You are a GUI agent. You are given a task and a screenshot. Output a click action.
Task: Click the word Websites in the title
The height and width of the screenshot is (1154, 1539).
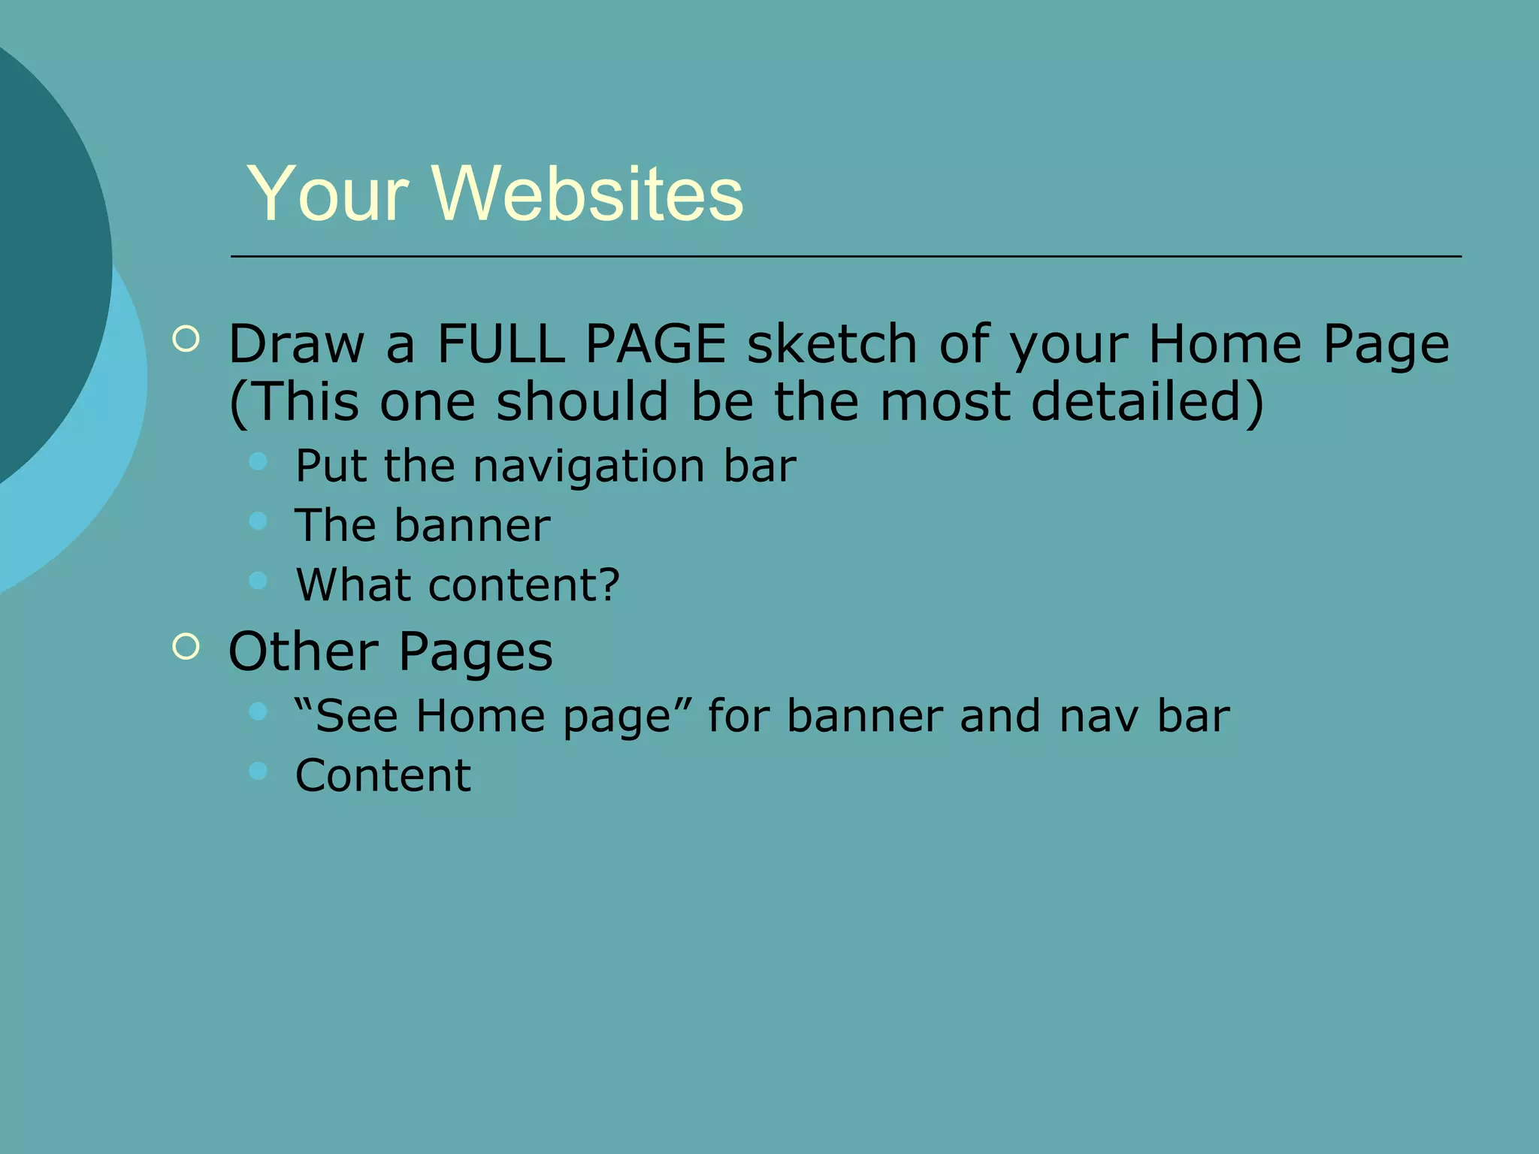click(588, 194)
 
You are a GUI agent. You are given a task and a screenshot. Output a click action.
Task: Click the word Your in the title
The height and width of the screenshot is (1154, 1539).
click(328, 194)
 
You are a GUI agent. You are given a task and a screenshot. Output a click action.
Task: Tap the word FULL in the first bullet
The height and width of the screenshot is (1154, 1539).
click(500, 344)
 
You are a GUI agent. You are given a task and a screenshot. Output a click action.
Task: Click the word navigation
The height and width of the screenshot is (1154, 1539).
click(589, 467)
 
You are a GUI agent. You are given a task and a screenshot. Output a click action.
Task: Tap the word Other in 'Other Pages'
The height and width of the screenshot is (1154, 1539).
click(304, 651)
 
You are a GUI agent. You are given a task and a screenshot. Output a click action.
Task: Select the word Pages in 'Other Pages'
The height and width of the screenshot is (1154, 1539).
click(476, 653)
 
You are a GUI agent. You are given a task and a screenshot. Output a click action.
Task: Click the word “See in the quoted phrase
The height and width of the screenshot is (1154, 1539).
click(346, 716)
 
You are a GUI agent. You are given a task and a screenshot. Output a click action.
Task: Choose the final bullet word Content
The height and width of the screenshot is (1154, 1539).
click(383, 775)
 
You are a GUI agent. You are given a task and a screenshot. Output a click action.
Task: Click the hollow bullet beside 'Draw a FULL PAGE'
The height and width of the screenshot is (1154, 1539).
click(186, 339)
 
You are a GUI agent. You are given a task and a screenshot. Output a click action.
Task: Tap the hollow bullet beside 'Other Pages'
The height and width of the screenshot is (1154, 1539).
click(186, 646)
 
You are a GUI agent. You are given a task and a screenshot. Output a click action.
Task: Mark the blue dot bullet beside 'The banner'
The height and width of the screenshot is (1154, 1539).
click(259, 521)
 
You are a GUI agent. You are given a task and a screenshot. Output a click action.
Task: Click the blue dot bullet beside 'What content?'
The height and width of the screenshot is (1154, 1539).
click(259, 580)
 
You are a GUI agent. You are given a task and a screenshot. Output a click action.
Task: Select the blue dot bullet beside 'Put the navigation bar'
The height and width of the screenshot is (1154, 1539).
click(259, 461)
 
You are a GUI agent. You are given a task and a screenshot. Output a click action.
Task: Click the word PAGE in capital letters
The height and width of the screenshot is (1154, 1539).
click(655, 344)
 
